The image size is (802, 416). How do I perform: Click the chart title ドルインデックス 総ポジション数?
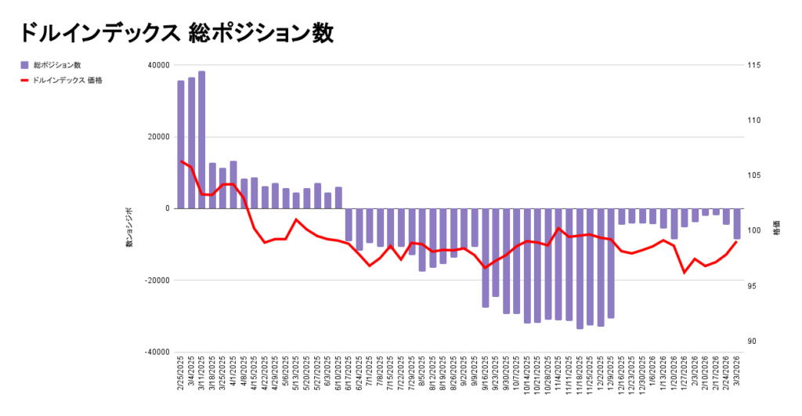point(176,32)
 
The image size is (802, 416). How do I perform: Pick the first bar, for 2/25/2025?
point(181,144)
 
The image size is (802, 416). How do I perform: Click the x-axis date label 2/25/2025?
point(181,377)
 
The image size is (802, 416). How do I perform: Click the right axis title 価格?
point(776,232)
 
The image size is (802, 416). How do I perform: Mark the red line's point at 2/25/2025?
point(181,161)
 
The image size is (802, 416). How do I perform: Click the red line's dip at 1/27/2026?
point(685,273)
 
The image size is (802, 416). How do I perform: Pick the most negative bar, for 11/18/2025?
point(580,269)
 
